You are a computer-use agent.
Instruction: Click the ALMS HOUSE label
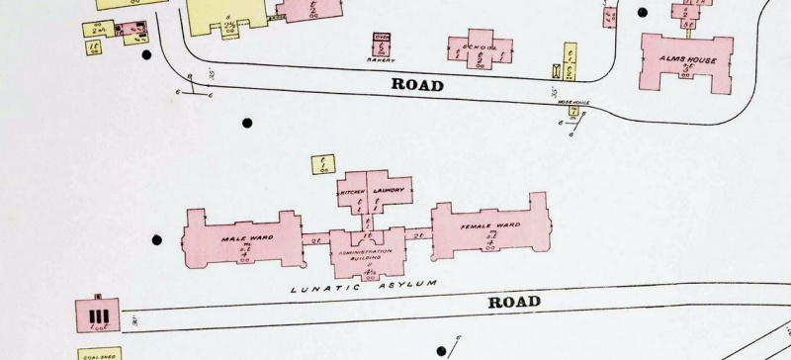[687, 59]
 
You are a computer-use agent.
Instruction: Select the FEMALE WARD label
[490, 226]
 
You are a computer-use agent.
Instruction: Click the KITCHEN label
[353, 191]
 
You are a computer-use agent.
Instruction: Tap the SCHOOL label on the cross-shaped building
[480, 45]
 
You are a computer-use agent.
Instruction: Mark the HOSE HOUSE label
[573, 101]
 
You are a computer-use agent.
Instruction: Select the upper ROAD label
[417, 84]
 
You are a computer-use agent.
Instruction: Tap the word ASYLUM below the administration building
[408, 284]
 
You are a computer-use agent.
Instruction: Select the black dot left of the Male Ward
[156, 238]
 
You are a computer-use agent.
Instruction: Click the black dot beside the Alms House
[643, 13]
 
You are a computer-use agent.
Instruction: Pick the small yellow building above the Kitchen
[322, 164]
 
